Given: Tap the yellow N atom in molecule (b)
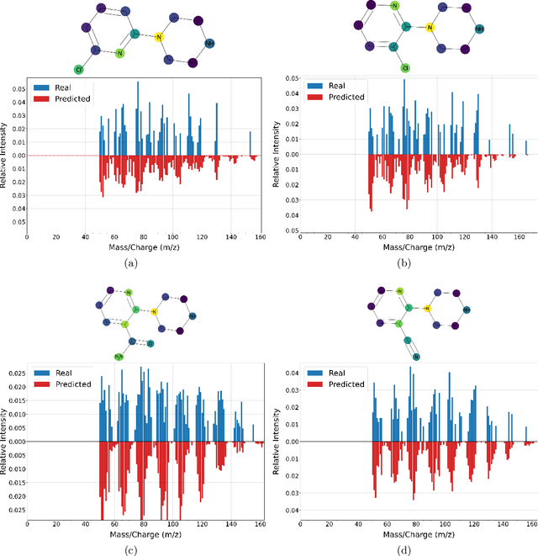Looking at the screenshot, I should click(x=430, y=28).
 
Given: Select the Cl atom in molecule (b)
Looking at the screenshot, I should click(x=404, y=67).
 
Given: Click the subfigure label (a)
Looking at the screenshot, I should click(x=130, y=263).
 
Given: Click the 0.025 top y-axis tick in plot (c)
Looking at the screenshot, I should click(x=14, y=373).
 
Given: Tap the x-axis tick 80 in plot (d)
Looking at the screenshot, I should click(x=409, y=523).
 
